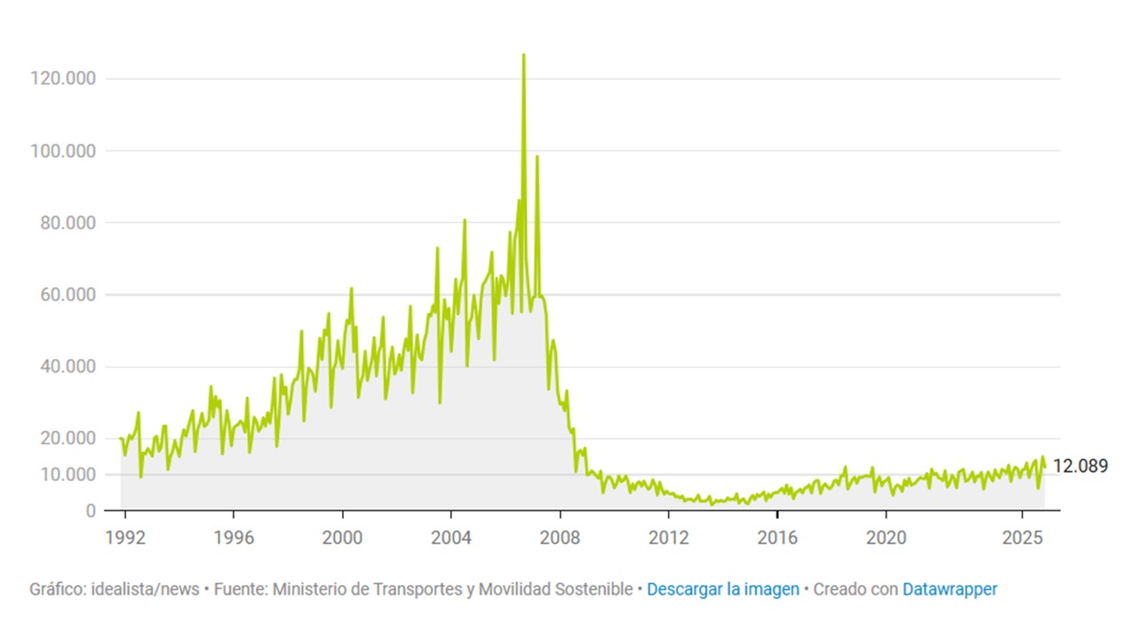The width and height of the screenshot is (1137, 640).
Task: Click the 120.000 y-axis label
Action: (62, 78)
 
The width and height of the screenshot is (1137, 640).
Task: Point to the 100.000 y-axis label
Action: (62, 150)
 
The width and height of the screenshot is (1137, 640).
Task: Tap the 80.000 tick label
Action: (68, 222)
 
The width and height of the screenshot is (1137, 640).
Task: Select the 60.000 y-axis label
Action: (68, 294)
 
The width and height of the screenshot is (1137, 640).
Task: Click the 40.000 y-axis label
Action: (68, 366)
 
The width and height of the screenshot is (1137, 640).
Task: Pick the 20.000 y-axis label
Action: (68, 438)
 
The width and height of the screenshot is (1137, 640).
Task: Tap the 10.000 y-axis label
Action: (68, 475)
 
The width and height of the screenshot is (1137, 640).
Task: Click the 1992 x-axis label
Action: (124, 538)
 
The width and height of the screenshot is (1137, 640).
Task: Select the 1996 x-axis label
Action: (233, 538)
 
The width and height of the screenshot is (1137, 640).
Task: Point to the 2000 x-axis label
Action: (342, 538)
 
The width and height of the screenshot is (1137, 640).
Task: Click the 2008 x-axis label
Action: (560, 538)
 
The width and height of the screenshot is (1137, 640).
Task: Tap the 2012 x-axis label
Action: (669, 538)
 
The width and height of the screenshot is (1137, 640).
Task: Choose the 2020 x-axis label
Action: (886, 538)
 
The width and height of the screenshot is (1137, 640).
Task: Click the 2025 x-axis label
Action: (1022, 538)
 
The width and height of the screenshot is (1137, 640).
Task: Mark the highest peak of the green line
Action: (523, 55)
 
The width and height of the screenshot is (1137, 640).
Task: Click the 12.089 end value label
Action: (1080, 466)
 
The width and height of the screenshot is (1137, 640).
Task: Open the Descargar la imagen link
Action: (722, 589)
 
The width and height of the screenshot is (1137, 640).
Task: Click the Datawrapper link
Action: (950, 589)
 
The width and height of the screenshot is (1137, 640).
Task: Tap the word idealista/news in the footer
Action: (146, 589)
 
